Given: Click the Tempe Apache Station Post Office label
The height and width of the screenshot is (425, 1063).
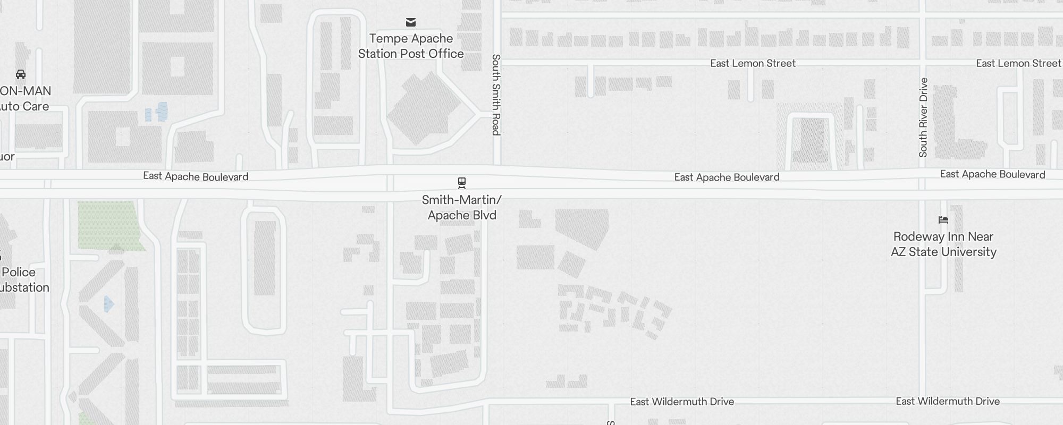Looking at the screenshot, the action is pyautogui.click(x=411, y=46).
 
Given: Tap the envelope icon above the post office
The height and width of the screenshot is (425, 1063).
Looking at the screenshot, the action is pyautogui.click(x=411, y=22).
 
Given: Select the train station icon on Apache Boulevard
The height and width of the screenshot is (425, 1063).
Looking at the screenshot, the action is pyautogui.click(x=462, y=183).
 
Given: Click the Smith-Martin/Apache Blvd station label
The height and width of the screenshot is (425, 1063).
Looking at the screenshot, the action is pyautogui.click(x=462, y=208).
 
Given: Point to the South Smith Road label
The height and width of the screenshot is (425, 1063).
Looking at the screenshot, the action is pyautogui.click(x=496, y=95).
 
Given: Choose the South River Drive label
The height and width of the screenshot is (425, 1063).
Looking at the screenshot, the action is pyautogui.click(x=923, y=117).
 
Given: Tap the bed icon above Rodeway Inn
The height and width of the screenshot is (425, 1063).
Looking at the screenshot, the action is pyautogui.click(x=943, y=220).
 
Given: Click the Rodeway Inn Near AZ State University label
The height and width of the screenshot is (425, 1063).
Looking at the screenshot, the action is pyautogui.click(x=943, y=244).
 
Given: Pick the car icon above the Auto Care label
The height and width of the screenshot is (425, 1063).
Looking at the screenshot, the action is pyautogui.click(x=21, y=74).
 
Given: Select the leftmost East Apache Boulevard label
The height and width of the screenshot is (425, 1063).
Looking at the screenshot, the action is pyautogui.click(x=196, y=176).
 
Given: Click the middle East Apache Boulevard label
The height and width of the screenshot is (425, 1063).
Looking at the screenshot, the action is pyautogui.click(x=727, y=177).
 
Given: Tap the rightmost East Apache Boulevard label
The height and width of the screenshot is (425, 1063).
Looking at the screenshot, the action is pyautogui.click(x=992, y=174).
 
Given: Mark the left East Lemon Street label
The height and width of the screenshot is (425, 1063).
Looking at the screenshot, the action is pyautogui.click(x=753, y=64).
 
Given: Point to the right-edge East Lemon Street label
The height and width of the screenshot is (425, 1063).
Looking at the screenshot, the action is pyautogui.click(x=1018, y=64).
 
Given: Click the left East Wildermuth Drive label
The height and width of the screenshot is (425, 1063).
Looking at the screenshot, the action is pyautogui.click(x=682, y=402).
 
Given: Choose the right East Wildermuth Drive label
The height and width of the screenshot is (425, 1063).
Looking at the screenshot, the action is pyautogui.click(x=948, y=401).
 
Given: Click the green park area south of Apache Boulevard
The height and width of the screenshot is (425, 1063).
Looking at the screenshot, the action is pyautogui.click(x=109, y=225).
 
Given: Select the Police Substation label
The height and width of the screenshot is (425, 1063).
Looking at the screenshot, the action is pyautogui.click(x=21, y=280).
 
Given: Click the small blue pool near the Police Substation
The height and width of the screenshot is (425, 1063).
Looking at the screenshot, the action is pyautogui.click(x=108, y=304).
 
